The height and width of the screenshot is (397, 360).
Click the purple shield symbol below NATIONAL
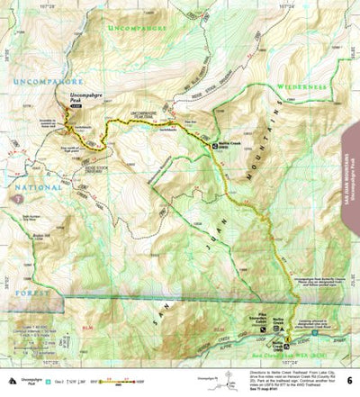click(x=13, y=194)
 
